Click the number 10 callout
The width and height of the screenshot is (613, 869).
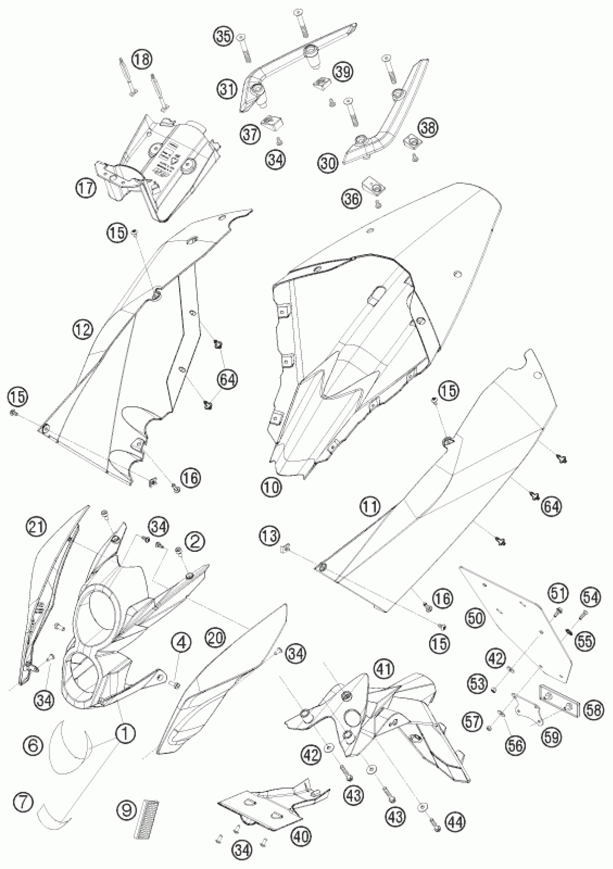pyautogui.click(x=272, y=487)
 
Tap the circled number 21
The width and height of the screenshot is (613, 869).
pyautogui.click(x=37, y=527)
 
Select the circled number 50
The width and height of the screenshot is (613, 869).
pyautogui.click(x=476, y=619)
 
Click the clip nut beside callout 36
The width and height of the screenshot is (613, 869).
pyautogui.click(x=373, y=186)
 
